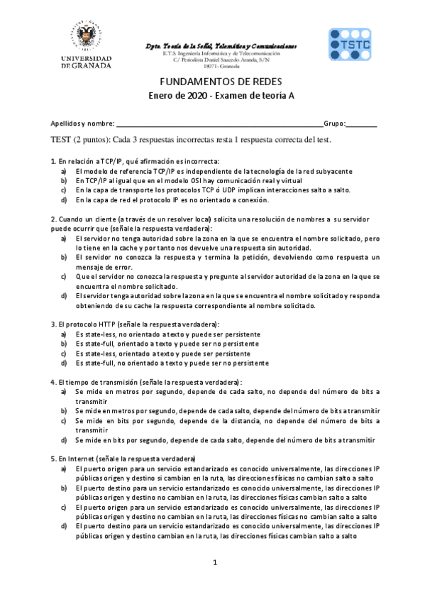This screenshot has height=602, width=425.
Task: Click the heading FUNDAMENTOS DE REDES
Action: pyautogui.click(x=211, y=82)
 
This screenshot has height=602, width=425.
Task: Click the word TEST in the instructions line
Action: pyautogui.click(x=62, y=139)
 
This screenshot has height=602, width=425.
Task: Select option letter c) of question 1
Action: pyautogui.click(x=63, y=190)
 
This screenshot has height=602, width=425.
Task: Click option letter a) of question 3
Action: pyautogui.click(x=63, y=334)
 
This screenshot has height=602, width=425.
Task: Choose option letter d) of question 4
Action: pyautogui.click(x=63, y=439)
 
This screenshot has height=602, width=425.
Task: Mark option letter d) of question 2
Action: pyautogui.click(x=63, y=295)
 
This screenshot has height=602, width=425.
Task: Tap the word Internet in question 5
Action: pyautogui.click(x=81, y=459)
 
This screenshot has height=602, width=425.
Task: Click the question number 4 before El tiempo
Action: pyautogui.click(x=53, y=381)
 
